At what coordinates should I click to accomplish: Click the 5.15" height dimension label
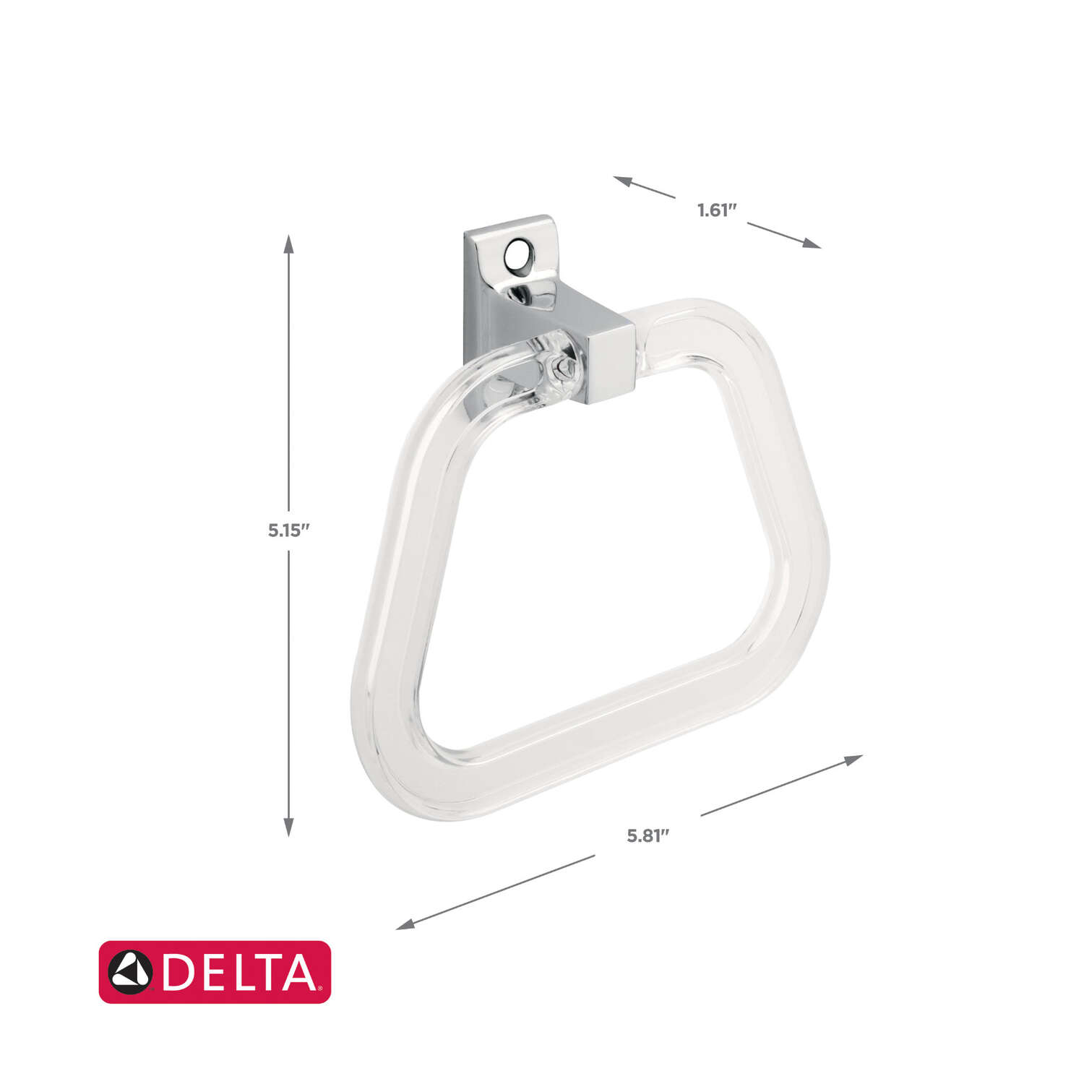pos(288,530)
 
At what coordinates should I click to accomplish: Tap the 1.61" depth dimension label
pos(716,210)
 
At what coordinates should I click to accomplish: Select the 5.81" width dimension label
pos(648,836)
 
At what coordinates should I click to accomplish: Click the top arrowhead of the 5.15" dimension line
pos(288,244)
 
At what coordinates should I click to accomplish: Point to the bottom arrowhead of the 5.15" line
pos(288,827)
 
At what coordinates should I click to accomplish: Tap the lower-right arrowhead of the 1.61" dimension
pos(812,244)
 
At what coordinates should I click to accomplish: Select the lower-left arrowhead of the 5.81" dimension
pos(405,924)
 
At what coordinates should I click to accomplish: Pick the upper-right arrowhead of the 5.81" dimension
pos(853,760)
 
